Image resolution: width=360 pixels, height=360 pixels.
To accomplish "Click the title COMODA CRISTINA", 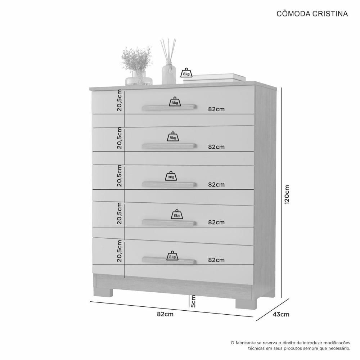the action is coord(312,14).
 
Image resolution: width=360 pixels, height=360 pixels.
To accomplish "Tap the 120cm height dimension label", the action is coord(287,195).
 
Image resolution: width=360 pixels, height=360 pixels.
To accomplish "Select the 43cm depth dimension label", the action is coord(281,314).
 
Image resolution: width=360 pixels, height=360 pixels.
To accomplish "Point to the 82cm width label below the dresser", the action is coord(165,314).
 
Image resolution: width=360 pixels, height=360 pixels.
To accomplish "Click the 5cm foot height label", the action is coord(193,301).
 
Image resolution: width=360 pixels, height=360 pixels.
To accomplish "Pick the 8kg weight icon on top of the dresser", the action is coord(186,73).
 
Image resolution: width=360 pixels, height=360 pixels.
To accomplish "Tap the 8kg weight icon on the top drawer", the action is coord(175,102).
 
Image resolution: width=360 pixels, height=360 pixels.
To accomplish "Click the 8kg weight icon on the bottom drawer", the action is coord(172,256).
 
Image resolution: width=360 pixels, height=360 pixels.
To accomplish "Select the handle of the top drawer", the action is coord(169,107).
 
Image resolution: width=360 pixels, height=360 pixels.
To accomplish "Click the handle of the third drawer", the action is coord(169,184).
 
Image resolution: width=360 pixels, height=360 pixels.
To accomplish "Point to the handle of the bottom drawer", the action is coord(169,261).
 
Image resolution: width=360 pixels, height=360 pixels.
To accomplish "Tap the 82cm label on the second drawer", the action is coord(216,147).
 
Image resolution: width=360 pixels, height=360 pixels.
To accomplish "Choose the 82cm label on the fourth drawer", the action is coord(216,222).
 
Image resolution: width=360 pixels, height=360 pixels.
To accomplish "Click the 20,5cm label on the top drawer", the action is coord(120,100).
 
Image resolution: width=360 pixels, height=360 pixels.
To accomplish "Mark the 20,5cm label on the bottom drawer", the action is coord(120,251).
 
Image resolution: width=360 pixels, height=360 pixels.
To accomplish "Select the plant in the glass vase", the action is coord(137,66).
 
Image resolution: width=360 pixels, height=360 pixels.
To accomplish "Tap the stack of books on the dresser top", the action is coord(214,77).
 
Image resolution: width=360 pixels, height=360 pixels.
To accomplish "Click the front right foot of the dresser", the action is coord(246,303).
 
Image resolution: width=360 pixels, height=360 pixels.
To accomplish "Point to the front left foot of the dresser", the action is coord(104,292).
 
